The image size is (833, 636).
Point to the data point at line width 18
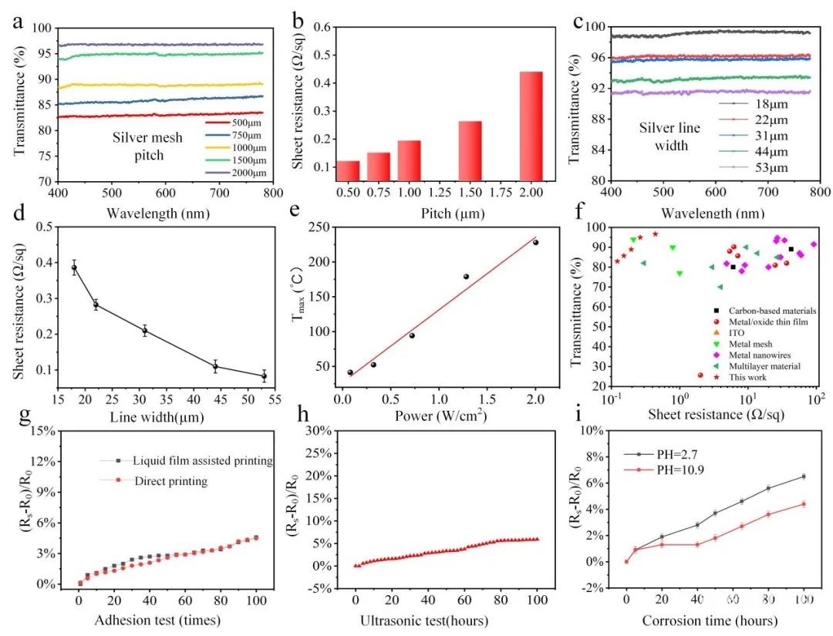click(x=74, y=268)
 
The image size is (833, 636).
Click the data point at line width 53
click(x=264, y=376)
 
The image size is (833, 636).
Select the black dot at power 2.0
click(x=535, y=242)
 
